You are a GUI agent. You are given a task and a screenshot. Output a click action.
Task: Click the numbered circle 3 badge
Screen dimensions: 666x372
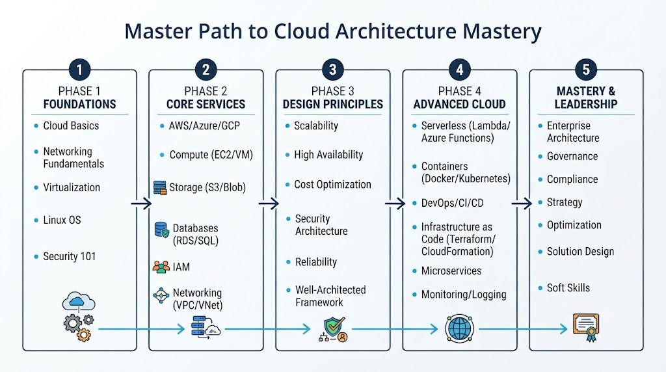332,69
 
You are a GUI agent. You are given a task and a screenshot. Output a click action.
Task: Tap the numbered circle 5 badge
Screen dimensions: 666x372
586,69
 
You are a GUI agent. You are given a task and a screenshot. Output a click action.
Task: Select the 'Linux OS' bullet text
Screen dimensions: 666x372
62,220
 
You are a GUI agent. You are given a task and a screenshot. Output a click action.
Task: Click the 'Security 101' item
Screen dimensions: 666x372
69,256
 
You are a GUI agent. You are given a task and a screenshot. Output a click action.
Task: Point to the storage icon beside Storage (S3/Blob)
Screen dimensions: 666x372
160,188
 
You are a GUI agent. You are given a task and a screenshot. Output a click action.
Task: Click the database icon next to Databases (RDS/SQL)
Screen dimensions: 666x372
162,230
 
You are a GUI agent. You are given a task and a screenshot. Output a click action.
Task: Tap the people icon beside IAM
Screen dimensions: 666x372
161,267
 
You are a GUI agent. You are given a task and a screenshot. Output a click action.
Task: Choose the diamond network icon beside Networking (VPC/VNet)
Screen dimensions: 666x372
161,295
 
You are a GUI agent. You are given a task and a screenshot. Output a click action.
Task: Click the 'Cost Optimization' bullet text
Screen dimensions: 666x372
332,184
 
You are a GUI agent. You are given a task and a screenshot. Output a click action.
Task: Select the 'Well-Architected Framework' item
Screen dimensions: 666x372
330,296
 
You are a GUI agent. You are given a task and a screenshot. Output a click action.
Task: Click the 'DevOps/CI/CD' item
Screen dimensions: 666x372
453,203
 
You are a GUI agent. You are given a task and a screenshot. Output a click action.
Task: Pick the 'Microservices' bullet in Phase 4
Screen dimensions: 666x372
451,271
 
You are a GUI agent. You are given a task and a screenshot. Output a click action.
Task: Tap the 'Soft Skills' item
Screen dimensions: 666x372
568,288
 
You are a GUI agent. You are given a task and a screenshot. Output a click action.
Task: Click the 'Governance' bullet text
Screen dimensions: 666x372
572,156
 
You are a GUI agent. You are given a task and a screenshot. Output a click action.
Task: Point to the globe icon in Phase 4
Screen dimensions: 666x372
459,328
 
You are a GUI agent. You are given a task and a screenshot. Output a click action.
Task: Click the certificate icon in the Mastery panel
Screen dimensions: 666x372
586,327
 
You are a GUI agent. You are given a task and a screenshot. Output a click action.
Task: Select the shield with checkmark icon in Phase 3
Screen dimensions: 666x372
334,329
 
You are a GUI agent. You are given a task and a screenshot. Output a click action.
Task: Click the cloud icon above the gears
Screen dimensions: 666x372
79,302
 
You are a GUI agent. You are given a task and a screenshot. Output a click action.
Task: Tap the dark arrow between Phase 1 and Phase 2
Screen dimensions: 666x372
141,204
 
